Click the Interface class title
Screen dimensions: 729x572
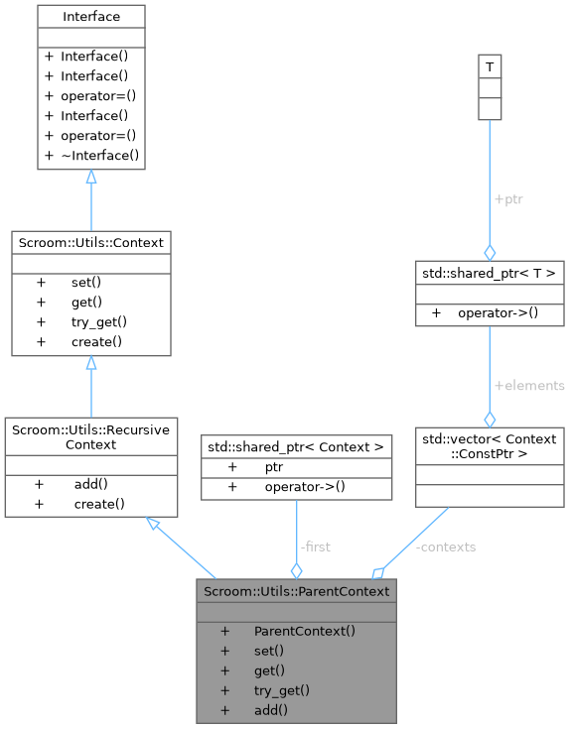tap(90, 17)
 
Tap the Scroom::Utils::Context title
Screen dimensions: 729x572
tap(90, 241)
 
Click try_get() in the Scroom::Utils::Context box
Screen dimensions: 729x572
tap(99, 321)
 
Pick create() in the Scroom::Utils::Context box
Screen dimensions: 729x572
tap(96, 341)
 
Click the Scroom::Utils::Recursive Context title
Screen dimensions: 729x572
tap(90, 436)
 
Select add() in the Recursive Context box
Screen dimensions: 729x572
tap(90, 484)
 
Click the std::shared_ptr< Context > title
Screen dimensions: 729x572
tap(296, 446)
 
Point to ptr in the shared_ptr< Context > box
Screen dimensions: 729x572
tap(274, 466)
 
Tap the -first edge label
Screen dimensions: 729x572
tap(315, 547)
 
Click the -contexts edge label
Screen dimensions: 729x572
tap(445, 547)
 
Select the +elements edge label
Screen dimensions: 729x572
tap(528, 385)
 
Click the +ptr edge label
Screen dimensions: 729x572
tap(507, 199)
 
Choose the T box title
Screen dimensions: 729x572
tap(489, 67)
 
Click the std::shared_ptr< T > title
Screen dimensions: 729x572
tap(490, 273)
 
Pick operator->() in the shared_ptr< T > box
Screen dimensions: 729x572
tap(498, 313)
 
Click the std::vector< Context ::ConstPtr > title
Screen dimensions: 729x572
tap(490, 445)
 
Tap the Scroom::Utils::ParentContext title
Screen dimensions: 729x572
tap(296, 591)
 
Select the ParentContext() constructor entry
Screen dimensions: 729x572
tap(305, 631)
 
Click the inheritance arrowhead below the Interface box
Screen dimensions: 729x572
tap(91, 178)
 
